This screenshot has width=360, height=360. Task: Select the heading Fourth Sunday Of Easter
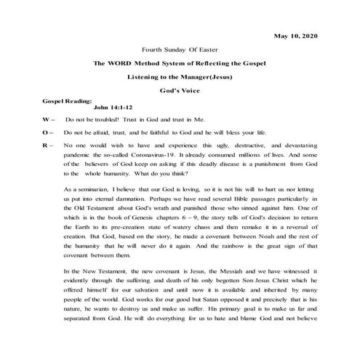point(179,50)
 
